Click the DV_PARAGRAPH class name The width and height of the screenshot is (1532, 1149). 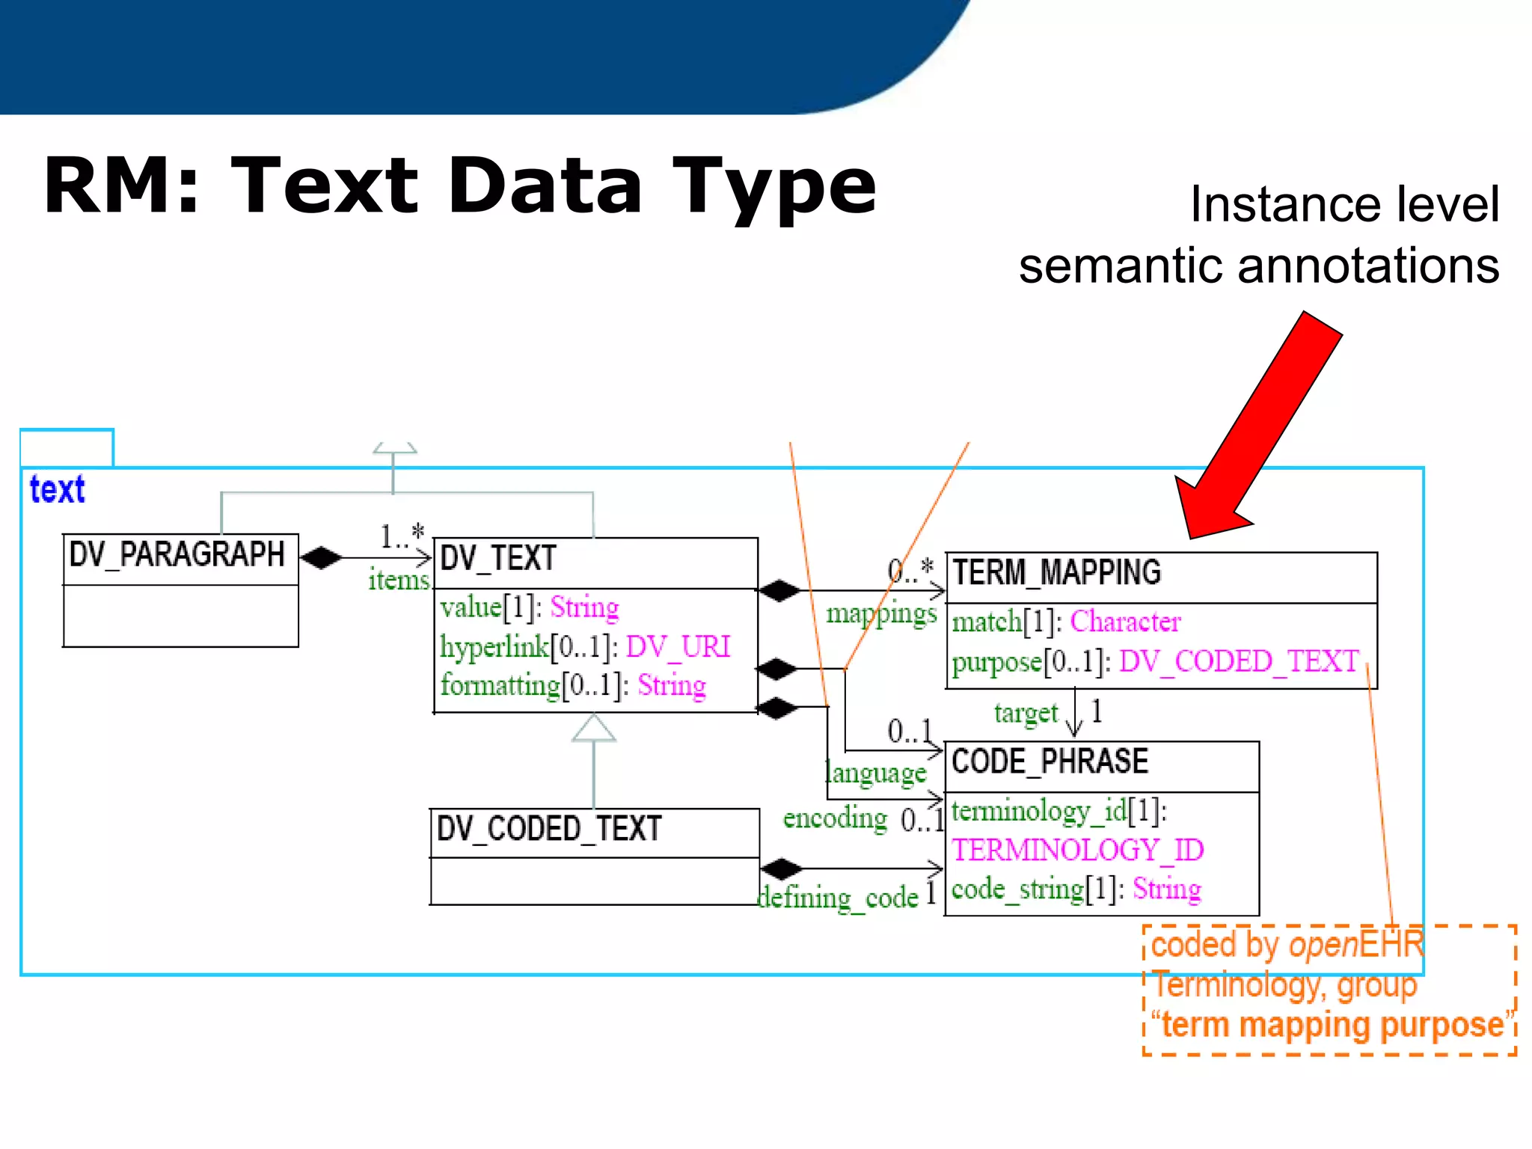tap(177, 555)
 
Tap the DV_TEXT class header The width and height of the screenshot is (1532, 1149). tap(498, 559)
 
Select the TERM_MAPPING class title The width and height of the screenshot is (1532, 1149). tap(1056, 573)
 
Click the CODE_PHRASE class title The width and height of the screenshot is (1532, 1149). tap(1050, 762)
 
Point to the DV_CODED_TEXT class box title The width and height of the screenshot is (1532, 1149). tap(549, 829)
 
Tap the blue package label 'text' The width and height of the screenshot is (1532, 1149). tap(57, 490)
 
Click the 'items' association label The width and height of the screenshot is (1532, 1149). tap(399, 580)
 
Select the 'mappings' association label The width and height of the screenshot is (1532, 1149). tap(881, 614)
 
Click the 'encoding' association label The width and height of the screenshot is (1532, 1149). tap(835, 818)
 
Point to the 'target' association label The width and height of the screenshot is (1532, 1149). tap(1026, 714)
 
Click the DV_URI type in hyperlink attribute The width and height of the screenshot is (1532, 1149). tap(678, 646)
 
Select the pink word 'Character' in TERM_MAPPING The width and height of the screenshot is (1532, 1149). tap(1125, 622)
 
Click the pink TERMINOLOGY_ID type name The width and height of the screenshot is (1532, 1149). tap(1077, 850)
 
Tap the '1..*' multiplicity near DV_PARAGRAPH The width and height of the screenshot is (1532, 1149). tap(402, 535)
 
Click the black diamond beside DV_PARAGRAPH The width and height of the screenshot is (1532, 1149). tap(321, 558)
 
